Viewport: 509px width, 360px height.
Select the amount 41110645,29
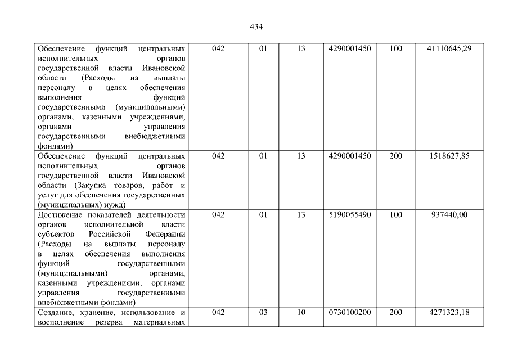[449, 49]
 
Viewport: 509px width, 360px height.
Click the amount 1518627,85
[449, 156]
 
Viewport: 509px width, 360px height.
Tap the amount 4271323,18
[449, 312]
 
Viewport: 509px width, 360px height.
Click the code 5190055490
[350, 214]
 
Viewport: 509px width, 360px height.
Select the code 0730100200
[350, 312]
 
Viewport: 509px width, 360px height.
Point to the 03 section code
[263, 312]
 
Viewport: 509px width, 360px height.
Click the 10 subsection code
[301, 312]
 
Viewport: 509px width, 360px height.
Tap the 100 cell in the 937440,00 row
[396, 214]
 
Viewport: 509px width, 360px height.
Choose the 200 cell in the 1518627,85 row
[396, 156]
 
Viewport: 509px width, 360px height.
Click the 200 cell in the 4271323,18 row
[396, 312]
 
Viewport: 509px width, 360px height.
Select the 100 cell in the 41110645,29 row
[396, 49]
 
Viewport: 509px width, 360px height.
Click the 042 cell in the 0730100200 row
[218, 312]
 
